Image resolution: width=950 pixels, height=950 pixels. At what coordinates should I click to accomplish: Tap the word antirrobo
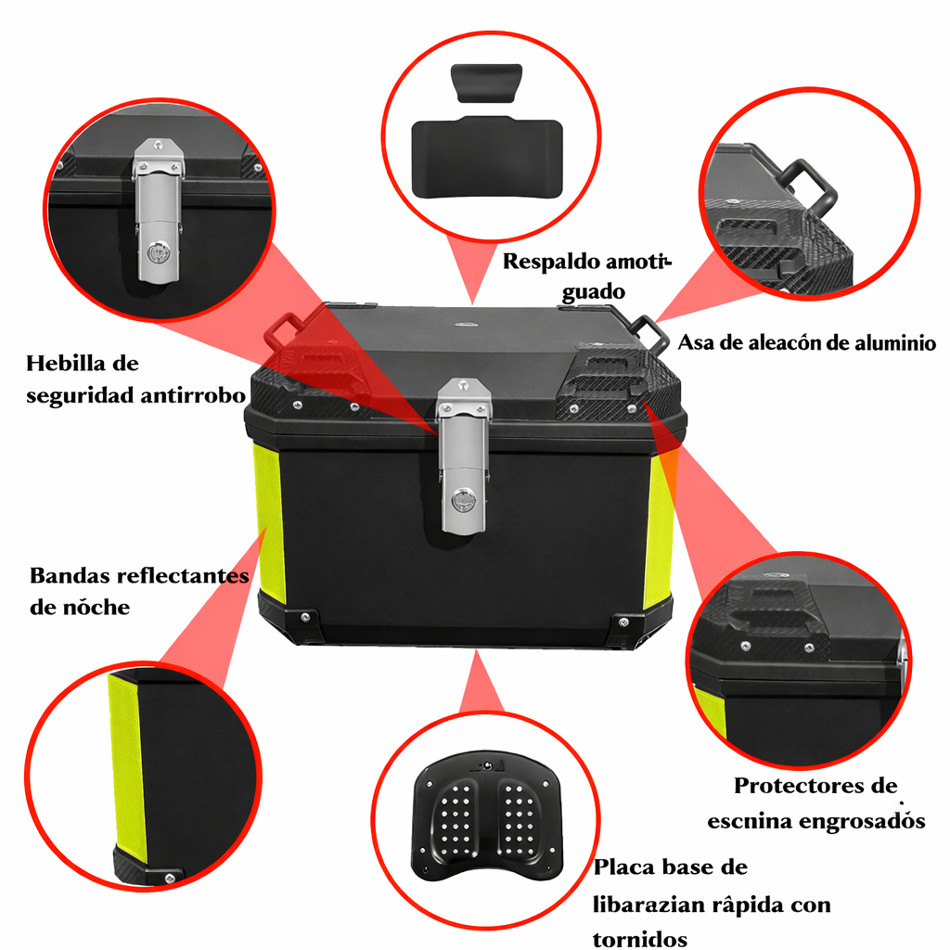click(x=193, y=395)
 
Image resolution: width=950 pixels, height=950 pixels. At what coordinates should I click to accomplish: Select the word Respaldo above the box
click(x=551, y=262)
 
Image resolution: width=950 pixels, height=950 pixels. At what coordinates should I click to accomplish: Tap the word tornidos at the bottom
click(x=640, y=939)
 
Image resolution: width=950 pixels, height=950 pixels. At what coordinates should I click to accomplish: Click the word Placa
click(x=623, y=867)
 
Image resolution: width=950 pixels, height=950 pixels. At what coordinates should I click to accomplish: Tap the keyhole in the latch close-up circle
click(x=159, y=252)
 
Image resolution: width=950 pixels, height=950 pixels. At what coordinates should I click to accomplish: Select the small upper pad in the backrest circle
click(x=486, y=83)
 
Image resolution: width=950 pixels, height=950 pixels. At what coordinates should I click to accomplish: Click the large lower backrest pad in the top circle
click(x=487, y=158)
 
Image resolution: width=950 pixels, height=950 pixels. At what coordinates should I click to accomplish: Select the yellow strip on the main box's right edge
click(x=659, y=531)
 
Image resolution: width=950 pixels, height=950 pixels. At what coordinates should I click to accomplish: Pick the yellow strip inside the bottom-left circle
click(x=127, y=768)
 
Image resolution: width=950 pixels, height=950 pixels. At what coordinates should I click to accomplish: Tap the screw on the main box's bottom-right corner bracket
click(x=623, y=623)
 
